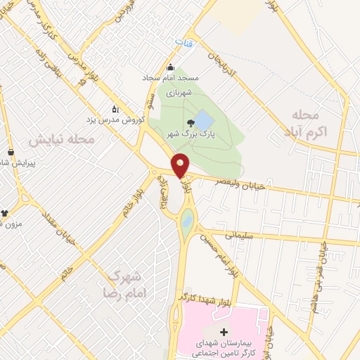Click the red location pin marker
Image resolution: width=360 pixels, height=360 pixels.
click(180, 165)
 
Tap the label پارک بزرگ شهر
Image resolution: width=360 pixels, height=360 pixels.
click(214, 132)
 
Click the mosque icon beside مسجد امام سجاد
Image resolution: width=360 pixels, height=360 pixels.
click(170, 68)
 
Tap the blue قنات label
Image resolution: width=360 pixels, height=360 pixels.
click(183, 43)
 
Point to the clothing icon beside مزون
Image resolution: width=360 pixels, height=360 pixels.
click(5, 212)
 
